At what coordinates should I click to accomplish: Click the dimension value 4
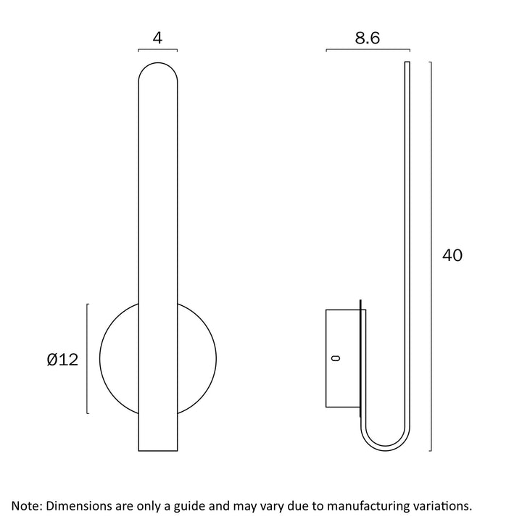click(x=157, y=38)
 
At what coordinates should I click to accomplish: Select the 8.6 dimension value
click(x=367, y=38)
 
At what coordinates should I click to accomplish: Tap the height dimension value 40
click(x=452, y=255)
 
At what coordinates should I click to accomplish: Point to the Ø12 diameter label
click(x=62, y=360)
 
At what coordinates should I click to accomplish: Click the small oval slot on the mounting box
click(x=336, y=358)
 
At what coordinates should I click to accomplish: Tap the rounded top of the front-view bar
click(x=158, y=63)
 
